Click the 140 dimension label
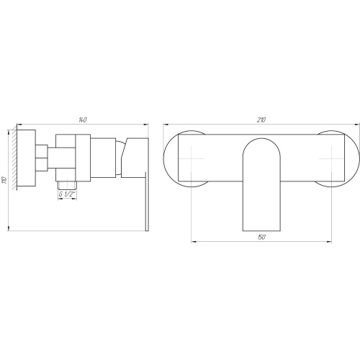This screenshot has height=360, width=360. tap(82, 120)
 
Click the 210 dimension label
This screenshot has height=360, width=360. tap(261, 120)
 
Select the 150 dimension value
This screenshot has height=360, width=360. tap(261, 237)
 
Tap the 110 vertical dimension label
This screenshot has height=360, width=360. tap(5, 180)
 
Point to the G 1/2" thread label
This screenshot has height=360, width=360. tap(67, 194)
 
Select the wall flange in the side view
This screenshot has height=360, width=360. tap(27, 158)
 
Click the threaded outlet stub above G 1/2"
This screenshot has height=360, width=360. tap(67, 185)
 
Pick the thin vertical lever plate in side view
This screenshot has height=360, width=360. tap(147, 202)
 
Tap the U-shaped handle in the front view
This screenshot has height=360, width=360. tap(261, 184)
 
